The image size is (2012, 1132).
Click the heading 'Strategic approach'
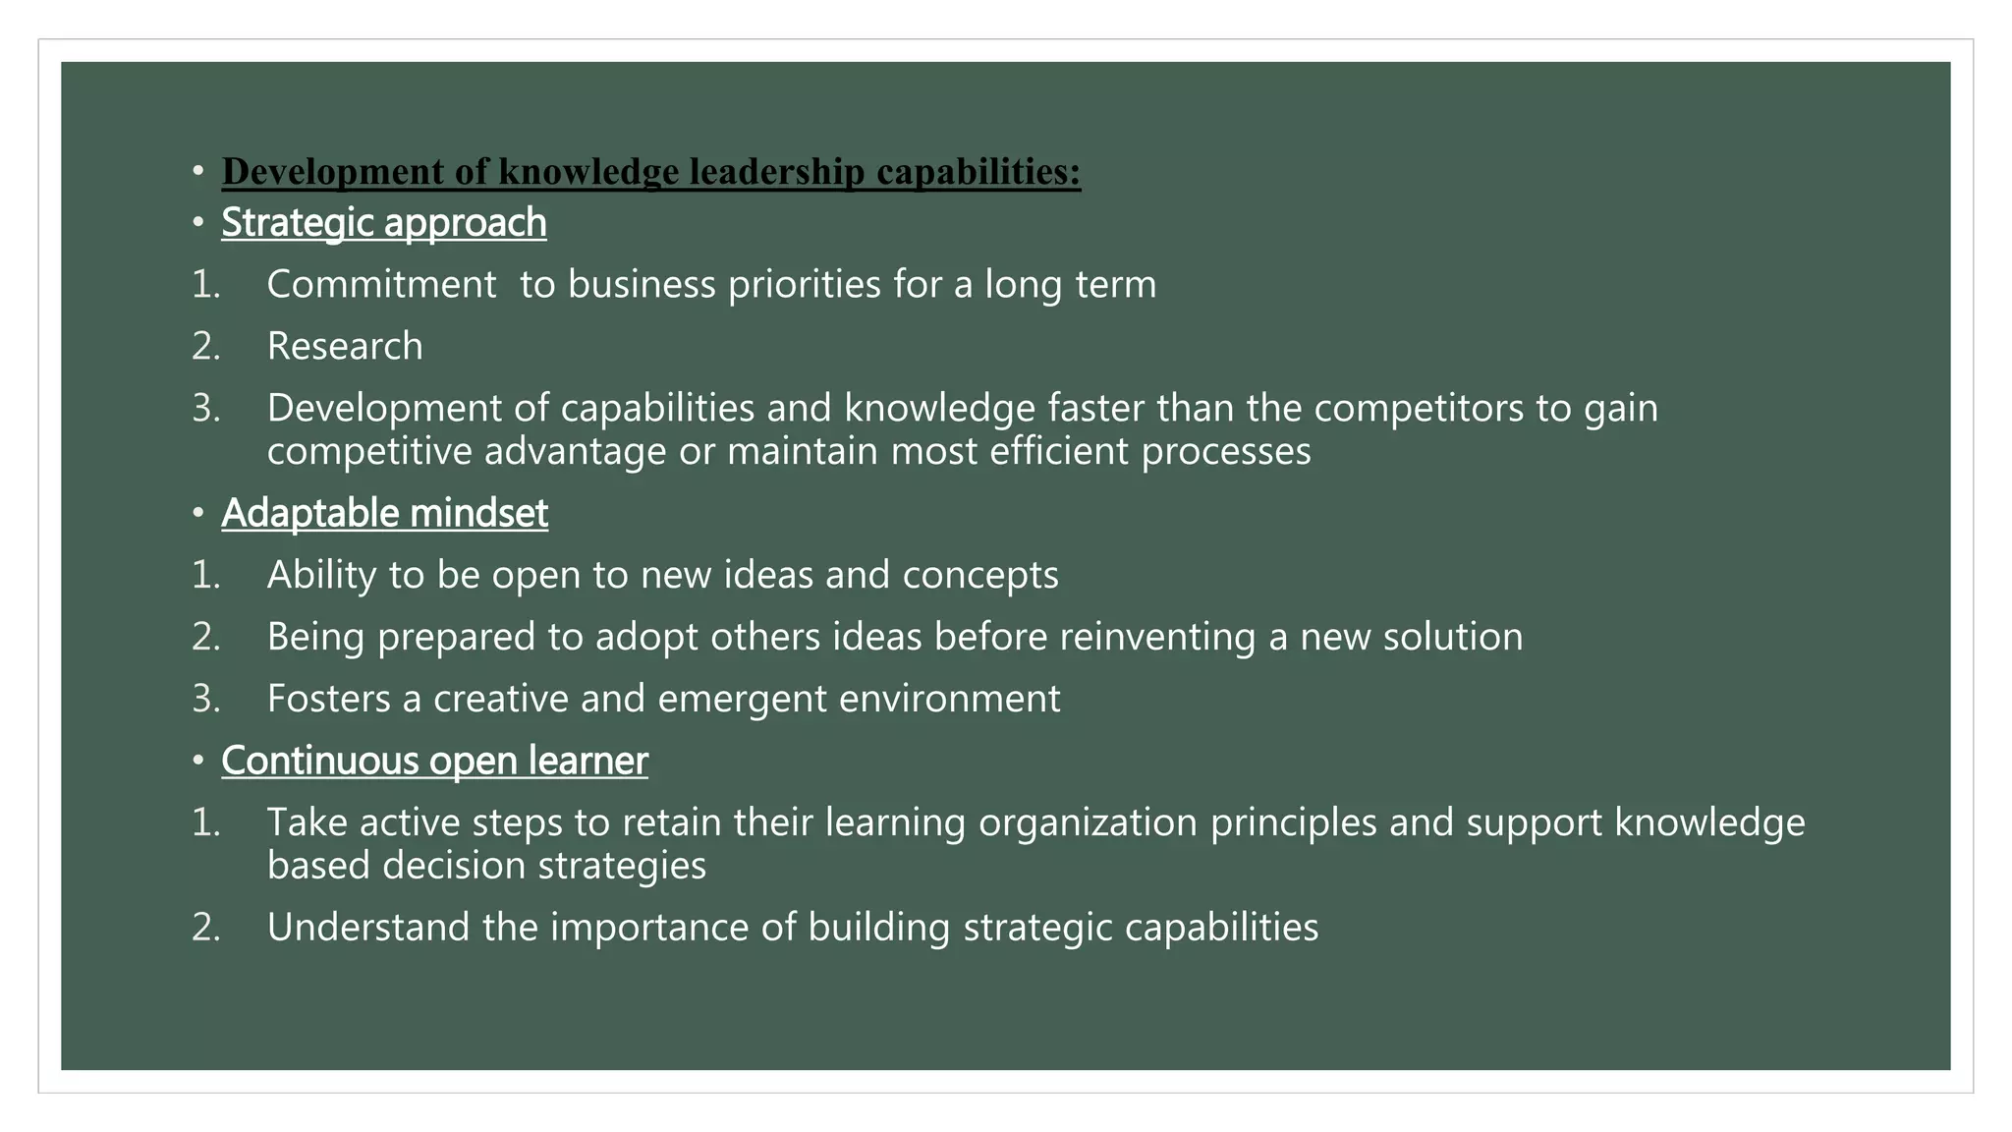click(383, 223)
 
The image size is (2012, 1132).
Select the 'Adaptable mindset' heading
click(384, 513)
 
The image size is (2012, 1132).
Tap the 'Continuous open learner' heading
click(434, 761)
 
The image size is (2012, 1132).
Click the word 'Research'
click(345, 346)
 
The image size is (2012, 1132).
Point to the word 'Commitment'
click(381, 285)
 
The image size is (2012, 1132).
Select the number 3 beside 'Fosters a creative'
click(203, 699)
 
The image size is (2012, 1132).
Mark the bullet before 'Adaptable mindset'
click(198, 513)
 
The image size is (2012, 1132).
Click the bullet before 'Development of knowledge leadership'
click(198, 172)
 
